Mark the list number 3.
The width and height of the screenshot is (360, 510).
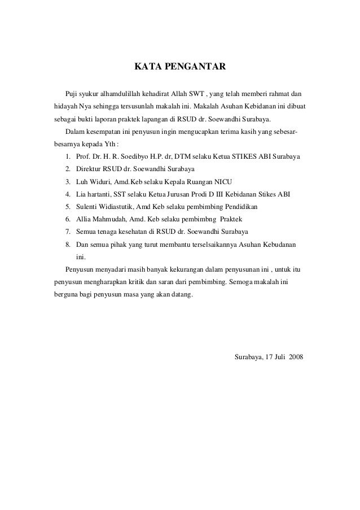click(x=67, y=181)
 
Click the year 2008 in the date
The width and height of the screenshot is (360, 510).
click(x=295, y=358)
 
